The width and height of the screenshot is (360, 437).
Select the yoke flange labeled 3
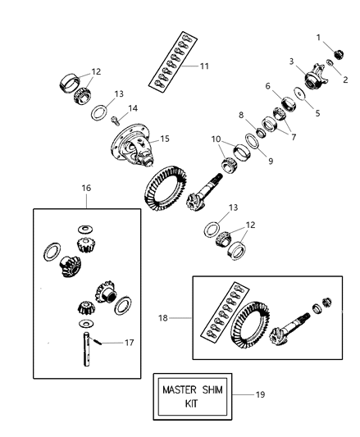click(x=315, y=80)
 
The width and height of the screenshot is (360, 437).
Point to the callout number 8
click(x=240, y=116)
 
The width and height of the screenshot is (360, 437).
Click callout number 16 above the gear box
click(x=86, y=188)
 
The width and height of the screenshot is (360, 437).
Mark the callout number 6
click(x=267, y=85)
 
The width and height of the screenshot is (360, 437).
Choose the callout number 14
click(x=133, y=107)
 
